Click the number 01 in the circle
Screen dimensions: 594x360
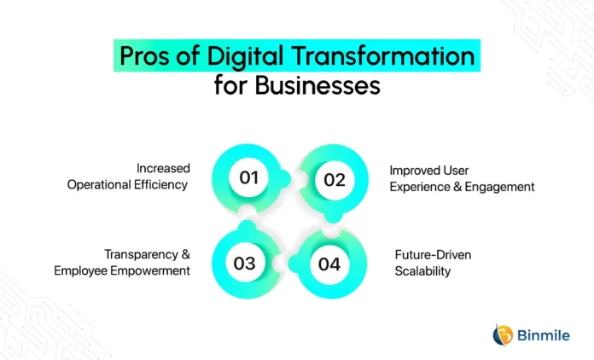(249, 177)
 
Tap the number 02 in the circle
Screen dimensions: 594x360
(335, 180)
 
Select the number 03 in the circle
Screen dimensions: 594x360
(244, 264)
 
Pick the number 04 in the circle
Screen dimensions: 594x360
(329, 264)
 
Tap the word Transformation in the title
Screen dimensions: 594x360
(383, 55)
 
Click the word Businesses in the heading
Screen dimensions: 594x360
(317, 85)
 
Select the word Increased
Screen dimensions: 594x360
(163, 168)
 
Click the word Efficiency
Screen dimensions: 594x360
(160, 185)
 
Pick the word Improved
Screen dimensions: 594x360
(411, 171)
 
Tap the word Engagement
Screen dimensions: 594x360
(499, 187)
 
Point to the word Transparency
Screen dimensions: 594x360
(141, 255)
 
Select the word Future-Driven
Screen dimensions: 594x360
(433, 255)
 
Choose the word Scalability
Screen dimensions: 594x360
(422, 271)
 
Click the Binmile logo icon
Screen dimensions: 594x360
(503, 335)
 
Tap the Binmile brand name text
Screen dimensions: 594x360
(544, 335)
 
